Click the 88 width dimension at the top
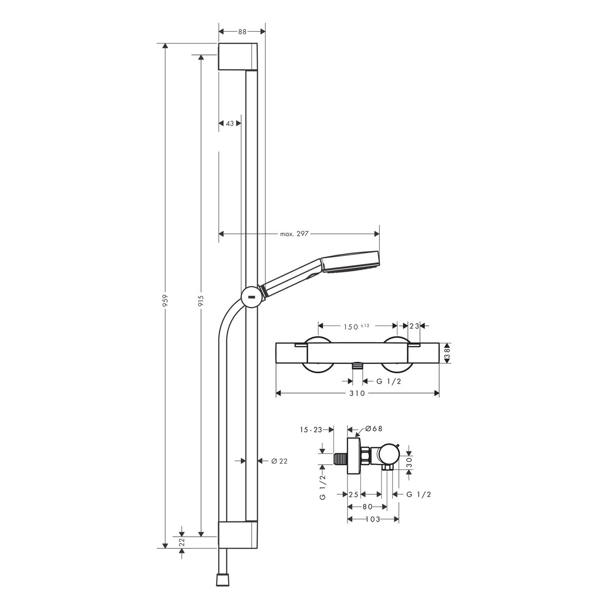(242, 32)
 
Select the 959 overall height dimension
(165, 300)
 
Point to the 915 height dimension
(201, 300)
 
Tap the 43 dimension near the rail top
(230, 123)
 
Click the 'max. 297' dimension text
(295, 234)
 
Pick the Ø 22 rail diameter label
(279, 461)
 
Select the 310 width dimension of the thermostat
(357, 393)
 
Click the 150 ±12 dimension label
(356, 326)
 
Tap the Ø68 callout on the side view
(374, 429)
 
